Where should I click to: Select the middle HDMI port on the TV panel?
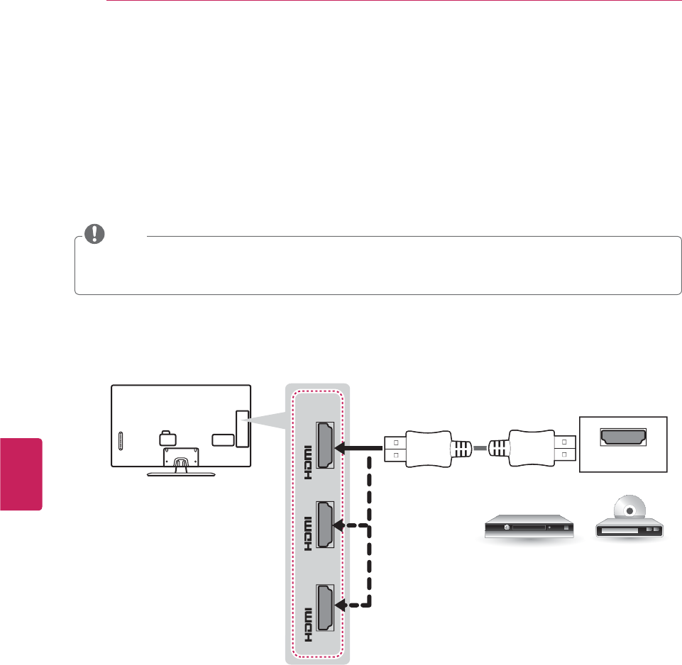pos(326,526)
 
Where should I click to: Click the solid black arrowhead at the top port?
pos(343,448)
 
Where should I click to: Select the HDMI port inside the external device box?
pos(623,437)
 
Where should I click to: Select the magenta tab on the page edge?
pos(21,474)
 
